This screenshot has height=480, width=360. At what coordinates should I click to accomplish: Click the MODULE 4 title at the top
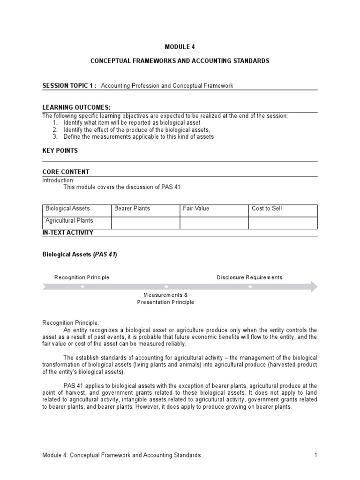pyautogui.click(x=180, y=47)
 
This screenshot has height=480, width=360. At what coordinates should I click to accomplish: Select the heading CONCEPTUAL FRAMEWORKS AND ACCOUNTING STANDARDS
pyautogui.click(x=180, y=61)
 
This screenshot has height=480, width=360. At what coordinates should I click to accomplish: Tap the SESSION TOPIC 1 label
pyautogui.click(x=69, y=86)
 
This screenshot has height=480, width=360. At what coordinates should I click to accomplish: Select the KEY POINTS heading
pyautogui.click(x=60, y=150)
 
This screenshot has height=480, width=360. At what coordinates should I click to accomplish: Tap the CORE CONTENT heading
pyautogui.click(x=66, y=172)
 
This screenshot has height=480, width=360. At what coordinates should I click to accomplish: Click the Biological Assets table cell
pyautogui.click(x=67, y=209)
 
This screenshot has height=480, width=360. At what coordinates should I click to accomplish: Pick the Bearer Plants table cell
pyautogui.click(x=132, y=209)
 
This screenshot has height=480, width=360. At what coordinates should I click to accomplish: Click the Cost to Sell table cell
pyautogui.click(x=267, y=209)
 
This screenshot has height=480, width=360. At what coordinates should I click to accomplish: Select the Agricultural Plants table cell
pyautogui.click(x=69, y=220)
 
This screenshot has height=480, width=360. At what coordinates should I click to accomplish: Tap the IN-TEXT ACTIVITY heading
pyautogui.click(x=68, y=232)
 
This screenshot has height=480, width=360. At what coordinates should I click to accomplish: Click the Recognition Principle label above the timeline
pyautogui.click(x=82, y=277)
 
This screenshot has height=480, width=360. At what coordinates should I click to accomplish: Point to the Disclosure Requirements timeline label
pyautogui.click(x=249, y=277)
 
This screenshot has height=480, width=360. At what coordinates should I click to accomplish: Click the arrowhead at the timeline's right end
pyautogui.click(x=314, y=286)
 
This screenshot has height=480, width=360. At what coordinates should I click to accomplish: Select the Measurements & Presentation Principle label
pyautogui.click(x=165, y=299)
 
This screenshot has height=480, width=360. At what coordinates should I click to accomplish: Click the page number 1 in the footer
pyautogui.click(x=316, y=455)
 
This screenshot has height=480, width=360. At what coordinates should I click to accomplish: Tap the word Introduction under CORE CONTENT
pyautogui.click(x=58, y=180)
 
